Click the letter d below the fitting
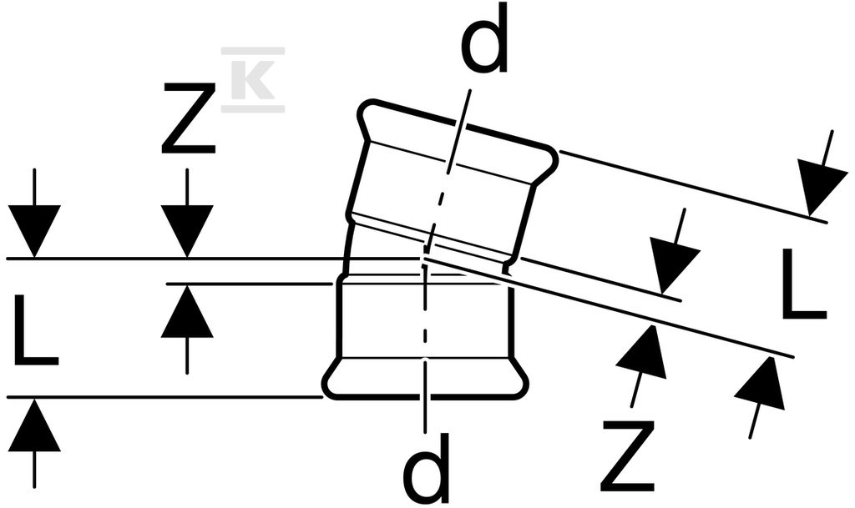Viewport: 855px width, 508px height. tap(426, 468)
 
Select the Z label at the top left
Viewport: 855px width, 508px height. tap(188, 118)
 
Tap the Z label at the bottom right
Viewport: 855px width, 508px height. tap(628, 455)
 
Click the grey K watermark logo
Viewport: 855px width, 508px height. tap(252, 80)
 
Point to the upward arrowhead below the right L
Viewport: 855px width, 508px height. tap(763, 383)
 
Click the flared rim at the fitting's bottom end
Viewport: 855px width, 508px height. tap(425, 379)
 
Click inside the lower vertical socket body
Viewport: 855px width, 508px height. tap(382, 319)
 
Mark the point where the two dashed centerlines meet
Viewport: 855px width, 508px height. tap(424, 258)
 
